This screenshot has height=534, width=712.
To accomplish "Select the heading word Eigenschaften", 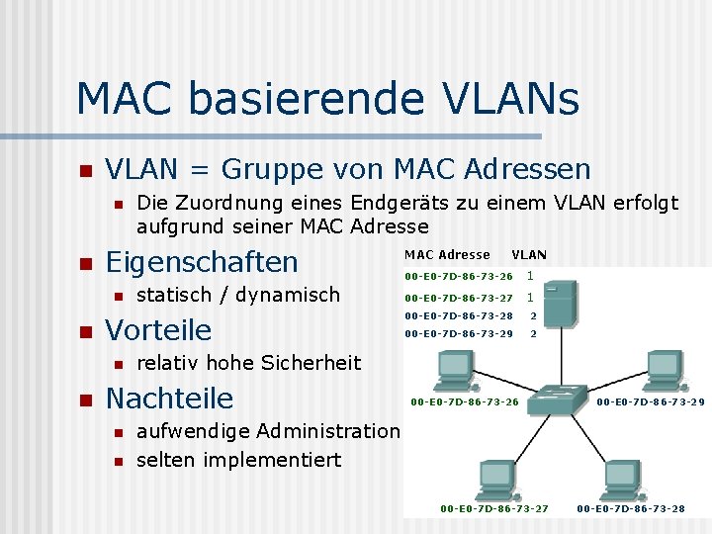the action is pyautogui.click(x=202, y=262).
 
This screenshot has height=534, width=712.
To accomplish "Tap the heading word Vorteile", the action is pyautogui.click(x=158, y=329).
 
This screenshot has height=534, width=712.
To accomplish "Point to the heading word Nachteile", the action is pyautogui.click(x=169, y=399).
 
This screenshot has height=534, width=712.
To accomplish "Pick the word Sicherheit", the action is pyautogui.click(x=311, y=363).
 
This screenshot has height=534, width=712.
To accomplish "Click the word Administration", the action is pyautogui.click(x=328, y=431).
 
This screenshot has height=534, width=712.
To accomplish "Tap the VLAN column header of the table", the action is pyautogui.click(x=529, y=254).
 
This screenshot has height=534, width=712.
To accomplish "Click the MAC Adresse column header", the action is pyautogui.click(x=447, y=254).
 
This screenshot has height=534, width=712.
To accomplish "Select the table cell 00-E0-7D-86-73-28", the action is pyautogui.click(x=459, y=315).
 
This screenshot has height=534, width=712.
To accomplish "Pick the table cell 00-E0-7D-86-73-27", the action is pyautogui.click(x=459, y=297).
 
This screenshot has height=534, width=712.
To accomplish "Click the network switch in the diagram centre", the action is pyautogui.click(x=556, y=400).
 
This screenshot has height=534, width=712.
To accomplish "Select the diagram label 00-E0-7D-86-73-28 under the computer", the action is pyautogui.click(x=630, y=509).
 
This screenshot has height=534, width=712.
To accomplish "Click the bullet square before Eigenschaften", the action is pyautogui.click(x=84, y=264).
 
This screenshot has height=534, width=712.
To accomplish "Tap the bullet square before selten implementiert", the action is pyautogui.click(x=118, y=461).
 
